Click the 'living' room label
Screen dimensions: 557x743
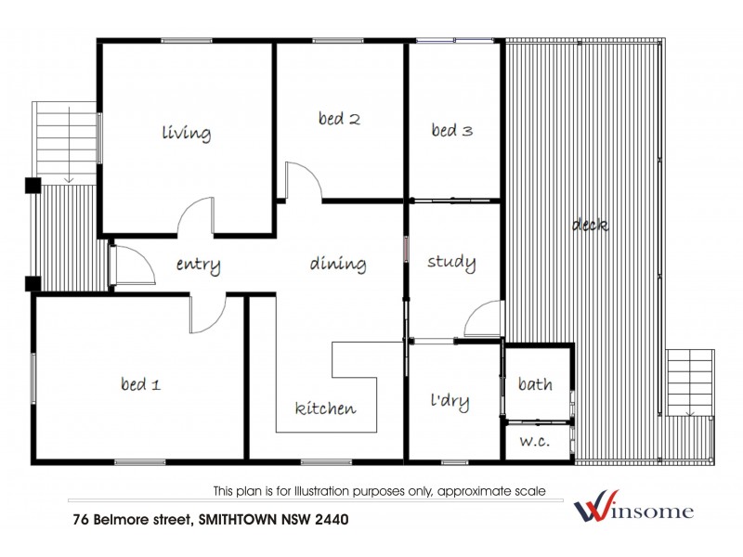(x=186, y=133)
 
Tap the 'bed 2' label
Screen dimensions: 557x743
(x=339, y=118)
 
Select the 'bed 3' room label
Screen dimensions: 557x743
(x=452, y=131)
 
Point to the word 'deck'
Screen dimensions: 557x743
(x=590, y=225)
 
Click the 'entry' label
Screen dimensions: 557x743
(x=198, y=266)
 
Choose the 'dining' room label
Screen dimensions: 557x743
(x=338, y=264)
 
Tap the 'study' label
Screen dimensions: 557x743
(x=451, y=262)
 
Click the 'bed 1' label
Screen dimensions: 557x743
(x=141, y=382)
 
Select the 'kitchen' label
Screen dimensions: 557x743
(x=325, y=408)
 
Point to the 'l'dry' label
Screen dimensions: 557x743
(x=450, y=402)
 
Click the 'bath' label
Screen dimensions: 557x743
(x=535, y=383)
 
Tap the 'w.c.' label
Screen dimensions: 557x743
(x=534, y=441)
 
